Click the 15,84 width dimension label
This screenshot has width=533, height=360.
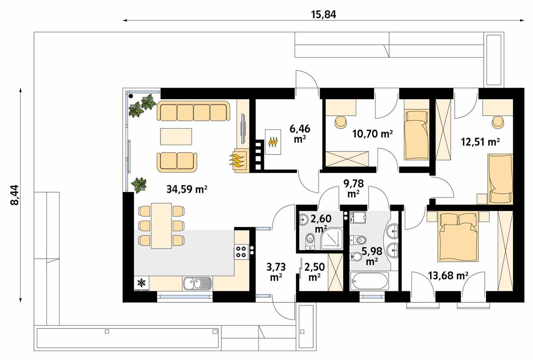click(323, 15)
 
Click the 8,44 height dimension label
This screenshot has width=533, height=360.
click(15, 195)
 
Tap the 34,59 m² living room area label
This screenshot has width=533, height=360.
click(187, 190)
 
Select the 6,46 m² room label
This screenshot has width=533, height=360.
click(300, 133)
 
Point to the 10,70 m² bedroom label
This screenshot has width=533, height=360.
click(372, 134)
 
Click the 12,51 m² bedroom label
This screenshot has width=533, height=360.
click(480, 142)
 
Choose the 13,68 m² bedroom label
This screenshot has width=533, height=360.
click(448, 276)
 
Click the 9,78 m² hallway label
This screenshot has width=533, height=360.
click(353, 188)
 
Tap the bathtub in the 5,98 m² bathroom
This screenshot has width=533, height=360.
click(369, 281)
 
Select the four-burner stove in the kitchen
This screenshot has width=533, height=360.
click(241, 251)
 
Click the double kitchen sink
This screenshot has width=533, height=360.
click(197, 284)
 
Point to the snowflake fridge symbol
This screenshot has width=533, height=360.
click(142, 283)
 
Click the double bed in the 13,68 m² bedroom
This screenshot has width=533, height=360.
click(459, 237)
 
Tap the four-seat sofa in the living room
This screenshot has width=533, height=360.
click(194, 112)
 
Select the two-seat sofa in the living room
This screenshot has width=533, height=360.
click(177, 162)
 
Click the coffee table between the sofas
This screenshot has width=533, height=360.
click(176, 136)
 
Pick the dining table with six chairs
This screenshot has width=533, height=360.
click(161, 226)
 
